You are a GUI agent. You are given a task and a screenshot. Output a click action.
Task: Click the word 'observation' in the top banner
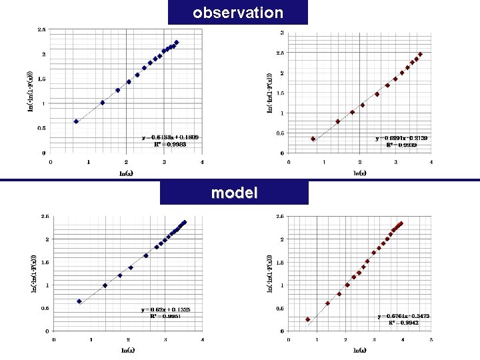[238, 13]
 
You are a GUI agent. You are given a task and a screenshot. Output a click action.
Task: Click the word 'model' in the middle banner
[234, 193]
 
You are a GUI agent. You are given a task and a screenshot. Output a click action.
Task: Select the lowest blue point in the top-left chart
[76, 121]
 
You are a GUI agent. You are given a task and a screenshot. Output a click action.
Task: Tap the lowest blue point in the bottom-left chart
[79, 301]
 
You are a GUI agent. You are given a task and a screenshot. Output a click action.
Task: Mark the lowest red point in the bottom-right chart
[307, 319]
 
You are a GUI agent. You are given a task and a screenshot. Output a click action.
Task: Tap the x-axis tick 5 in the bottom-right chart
[431, 339]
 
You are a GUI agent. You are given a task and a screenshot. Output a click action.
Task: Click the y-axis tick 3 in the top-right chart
[282, 33]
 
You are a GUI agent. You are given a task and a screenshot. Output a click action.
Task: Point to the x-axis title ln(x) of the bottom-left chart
[127, 350]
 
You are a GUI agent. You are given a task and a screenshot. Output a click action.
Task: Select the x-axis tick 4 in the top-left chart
[202, 161]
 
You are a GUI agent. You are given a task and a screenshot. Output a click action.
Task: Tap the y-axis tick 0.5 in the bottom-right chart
[281, 308]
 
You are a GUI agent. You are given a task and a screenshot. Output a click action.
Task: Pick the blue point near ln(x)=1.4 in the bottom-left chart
[105, 285]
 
